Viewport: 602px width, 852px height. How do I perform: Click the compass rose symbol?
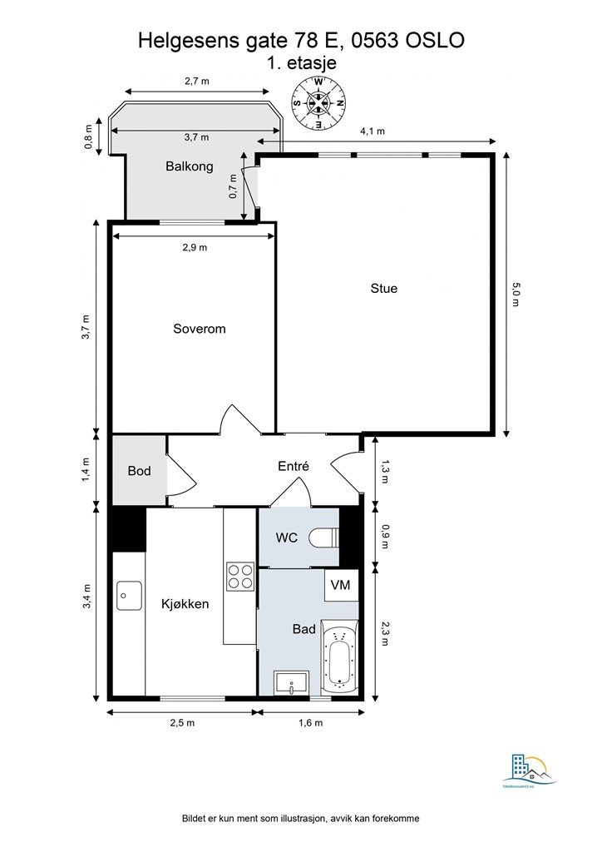click(318, 103)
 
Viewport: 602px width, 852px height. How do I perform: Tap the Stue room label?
click(384, 289)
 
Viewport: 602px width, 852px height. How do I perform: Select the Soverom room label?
click(199, 329)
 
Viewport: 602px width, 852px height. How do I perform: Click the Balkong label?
click(189, 166)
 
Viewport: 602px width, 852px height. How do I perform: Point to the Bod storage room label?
click(139, 471)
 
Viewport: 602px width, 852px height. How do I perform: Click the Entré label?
click(293, 467)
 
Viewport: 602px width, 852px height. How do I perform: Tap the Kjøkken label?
click(185, 604)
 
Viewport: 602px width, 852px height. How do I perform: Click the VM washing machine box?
click(341, 585)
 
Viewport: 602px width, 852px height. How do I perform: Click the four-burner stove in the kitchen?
click(240, 577)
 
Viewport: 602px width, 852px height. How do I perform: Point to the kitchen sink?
click(128, 595)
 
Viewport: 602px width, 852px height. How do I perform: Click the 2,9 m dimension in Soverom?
click(195, 247)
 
